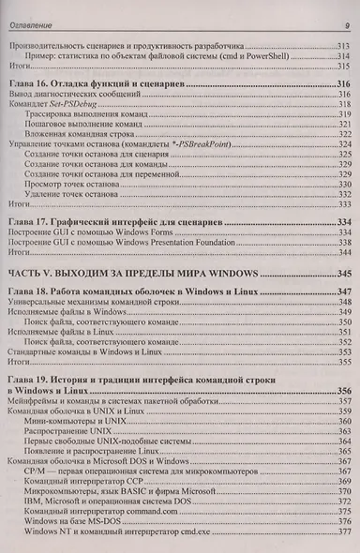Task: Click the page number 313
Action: click(341, 46)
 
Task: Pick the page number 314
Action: click(341, 55)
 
